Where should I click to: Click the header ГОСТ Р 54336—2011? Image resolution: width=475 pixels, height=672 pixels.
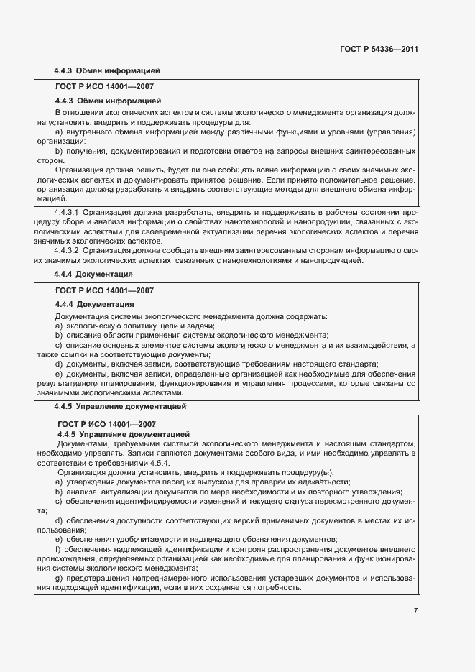tap(379, 50)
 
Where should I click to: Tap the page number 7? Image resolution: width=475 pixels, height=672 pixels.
tap(415, 610)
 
